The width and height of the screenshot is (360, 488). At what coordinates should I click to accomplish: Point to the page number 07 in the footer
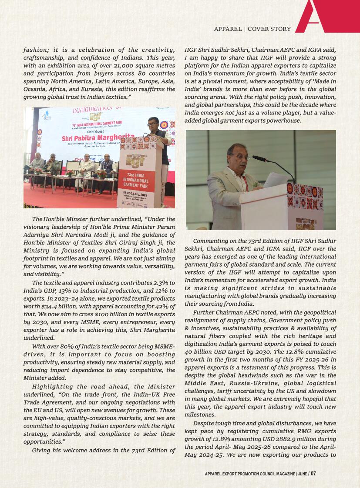313,474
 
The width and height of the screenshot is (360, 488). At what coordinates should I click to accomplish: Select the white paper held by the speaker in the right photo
275,180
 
